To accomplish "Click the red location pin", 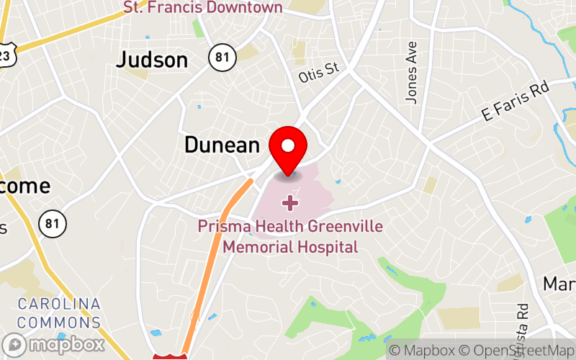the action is (x=288, y=148).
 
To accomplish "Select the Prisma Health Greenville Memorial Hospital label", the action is (x=290, y=237).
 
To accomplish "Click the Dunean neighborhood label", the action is (x=222, y=145).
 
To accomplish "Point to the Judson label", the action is (x=152, y=60).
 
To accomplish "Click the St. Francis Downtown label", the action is (x=203, y=7).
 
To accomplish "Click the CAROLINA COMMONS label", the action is (x=59, y=313).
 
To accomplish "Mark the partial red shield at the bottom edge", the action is (x=171, y=355).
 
